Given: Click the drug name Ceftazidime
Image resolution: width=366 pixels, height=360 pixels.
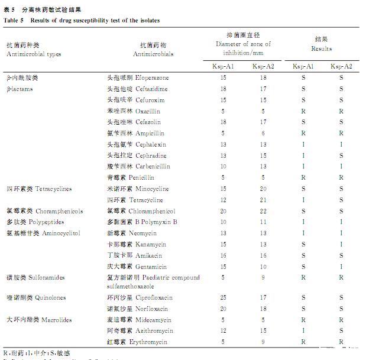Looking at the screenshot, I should [151, 89].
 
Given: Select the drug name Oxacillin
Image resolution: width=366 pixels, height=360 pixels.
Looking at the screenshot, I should [147, 111].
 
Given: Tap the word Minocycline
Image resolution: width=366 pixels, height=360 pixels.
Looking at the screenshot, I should [153, 189].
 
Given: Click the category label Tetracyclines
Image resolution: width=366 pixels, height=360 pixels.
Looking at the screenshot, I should [54, 189].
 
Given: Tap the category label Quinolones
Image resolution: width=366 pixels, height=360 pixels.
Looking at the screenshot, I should [50, 298].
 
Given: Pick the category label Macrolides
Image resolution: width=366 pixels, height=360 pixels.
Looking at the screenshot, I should [57, 320].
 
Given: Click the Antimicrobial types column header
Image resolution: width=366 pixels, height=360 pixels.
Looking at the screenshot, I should [34, 54].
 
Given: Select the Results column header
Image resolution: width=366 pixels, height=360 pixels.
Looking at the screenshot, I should [321, 49].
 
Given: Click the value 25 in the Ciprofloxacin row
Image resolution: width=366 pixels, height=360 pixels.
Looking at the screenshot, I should [224, 298].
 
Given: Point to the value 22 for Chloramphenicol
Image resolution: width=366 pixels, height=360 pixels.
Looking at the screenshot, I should [263, 211].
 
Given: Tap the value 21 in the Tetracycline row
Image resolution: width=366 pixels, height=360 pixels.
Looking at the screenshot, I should [263, 200].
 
